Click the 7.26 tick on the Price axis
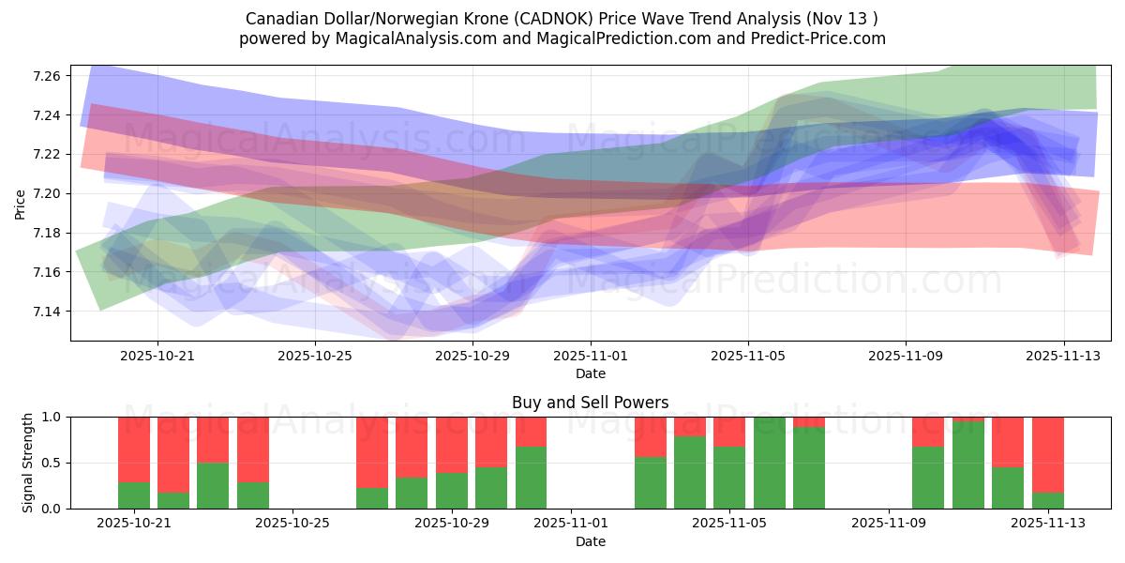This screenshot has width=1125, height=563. pos(48,75)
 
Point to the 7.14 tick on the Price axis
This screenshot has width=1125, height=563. pos(48,312)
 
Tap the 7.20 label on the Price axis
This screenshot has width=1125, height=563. pos(48,193)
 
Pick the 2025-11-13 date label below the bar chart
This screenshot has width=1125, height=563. pos(1047,524)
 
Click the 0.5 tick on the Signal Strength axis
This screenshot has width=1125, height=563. pos(52,463)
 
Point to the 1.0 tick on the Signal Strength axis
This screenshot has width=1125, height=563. pos(52,417)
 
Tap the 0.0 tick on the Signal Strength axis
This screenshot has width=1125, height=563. pos(52,509)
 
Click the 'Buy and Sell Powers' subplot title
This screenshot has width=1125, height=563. pos(590,403)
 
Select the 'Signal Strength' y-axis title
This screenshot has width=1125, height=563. pos(28,462)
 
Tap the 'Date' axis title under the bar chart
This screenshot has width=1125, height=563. pos(590,541)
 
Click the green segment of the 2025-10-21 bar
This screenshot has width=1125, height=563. pos(134,495)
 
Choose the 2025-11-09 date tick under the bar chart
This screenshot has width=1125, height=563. pos(888,524)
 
